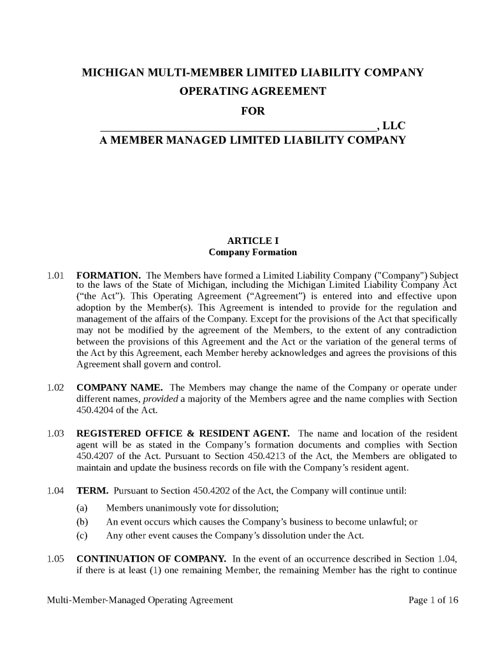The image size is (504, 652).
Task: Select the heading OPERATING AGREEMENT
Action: click(252, 91)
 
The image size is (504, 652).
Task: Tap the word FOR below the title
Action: click(252, 111)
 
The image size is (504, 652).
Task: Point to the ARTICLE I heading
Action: click(252, 241)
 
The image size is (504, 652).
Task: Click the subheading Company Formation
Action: click(252, 252)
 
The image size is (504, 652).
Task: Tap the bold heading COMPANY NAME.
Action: click(119, 388)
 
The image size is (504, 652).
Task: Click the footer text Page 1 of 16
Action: click(433, 600)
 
